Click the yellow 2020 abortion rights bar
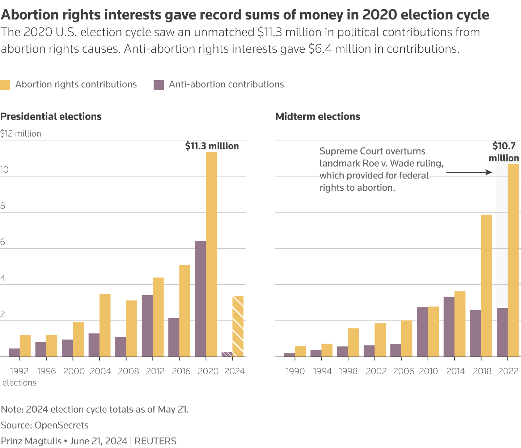coord(211,254)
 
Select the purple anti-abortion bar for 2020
coord(200,299)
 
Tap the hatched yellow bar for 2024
coord(238,326)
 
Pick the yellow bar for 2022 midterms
coord(513,260)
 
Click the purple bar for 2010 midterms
coord(422,332)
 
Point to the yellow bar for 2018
coord(487,286)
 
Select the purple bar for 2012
coord(147,326)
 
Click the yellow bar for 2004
coord(105,325)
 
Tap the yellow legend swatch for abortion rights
coord(5,85)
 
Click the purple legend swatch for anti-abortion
coord(159,85)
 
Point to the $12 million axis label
coord(21,134)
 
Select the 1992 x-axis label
coord(20,371)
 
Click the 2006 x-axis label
coord(403,371)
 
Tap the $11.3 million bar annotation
coord(212,146)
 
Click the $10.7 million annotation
coord(504,152)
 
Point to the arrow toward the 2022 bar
coord(469,172)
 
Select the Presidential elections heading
coord(51,116)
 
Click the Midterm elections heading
coord(318,116)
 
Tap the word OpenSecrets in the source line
coord(62,425)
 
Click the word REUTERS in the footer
coord(156,441)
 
